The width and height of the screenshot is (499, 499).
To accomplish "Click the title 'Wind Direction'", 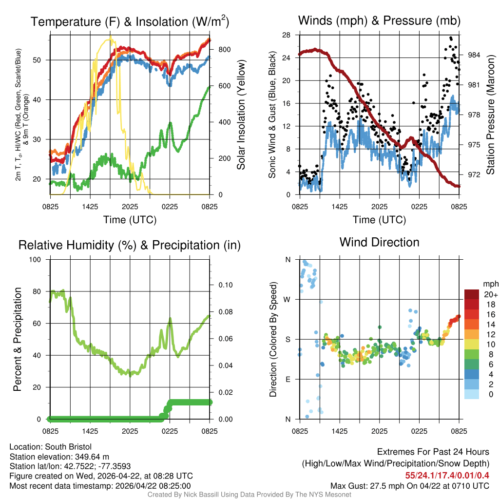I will pos(379,242).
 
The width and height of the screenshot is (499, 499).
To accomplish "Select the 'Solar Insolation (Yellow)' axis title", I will pos(241,115).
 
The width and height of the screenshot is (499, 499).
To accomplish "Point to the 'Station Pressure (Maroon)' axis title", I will pos(491,115).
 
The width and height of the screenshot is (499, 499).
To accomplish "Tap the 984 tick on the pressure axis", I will pos(474,55).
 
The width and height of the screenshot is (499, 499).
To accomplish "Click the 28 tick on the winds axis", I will pos(287,35).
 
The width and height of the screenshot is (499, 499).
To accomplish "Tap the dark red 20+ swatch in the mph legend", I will pos(472,294).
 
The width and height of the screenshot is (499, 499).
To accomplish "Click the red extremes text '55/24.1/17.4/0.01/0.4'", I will pos(447,476).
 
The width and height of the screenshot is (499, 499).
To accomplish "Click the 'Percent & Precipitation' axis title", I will pos(17,339).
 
